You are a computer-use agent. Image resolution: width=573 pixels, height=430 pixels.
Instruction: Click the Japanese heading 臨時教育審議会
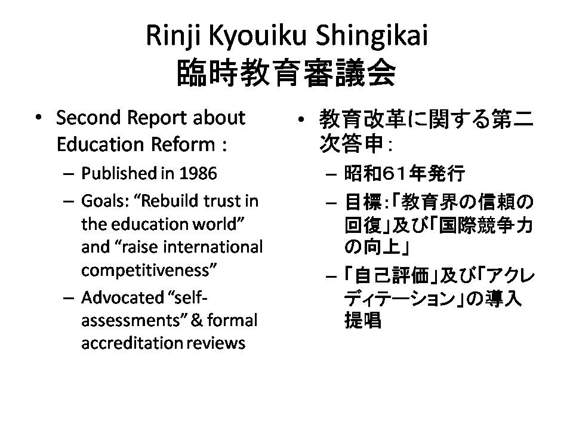[286, 73]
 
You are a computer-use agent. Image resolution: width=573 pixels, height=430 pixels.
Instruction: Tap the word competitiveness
[149, 271]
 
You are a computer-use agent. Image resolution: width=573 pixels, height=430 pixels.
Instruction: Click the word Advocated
[122, 297]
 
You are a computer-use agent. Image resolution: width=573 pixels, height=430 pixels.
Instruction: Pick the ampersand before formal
[196, 320]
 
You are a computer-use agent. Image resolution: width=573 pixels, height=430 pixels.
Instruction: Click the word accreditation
[131, 343]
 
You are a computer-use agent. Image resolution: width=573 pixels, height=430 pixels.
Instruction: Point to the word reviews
[216, 343]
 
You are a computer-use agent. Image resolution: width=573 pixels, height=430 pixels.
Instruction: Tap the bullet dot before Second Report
[38, 118]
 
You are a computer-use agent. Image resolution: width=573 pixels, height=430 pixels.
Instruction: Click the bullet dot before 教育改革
[301, 119]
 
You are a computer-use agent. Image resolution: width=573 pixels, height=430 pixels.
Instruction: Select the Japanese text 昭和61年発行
[405, 173]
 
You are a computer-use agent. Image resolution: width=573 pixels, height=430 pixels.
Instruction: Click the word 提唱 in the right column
[362, 320]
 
